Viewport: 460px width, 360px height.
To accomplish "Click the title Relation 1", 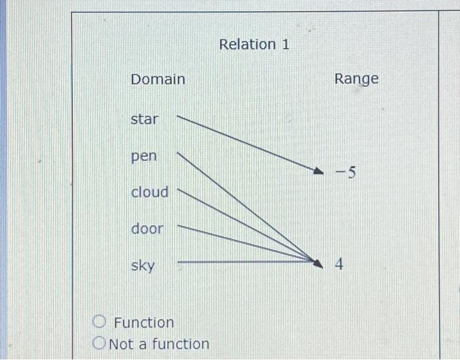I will [254, 45].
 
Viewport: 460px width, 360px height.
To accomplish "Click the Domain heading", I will [158, 79].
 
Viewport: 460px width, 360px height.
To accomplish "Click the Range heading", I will [356, 79].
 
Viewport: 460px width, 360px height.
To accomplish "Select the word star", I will [145, 120].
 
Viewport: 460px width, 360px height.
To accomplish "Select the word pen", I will [144, 157].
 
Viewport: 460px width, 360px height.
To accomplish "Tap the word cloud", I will [150, 192].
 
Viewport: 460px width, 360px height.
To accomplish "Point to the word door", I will [147, 229].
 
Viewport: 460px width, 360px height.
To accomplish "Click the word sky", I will [143, 266].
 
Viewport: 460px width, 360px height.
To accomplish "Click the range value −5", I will [345, 173].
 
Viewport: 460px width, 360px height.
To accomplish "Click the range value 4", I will [340, 265].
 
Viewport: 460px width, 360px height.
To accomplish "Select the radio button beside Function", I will [99, 322].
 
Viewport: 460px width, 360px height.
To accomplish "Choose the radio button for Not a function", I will [99, 343].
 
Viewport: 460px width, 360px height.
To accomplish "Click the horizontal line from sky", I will [243, 261].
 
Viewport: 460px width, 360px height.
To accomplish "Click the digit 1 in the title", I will [285, 45].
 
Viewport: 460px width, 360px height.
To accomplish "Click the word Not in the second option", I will [121, 344].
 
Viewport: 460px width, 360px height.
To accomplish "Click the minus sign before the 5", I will [339, 174].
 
